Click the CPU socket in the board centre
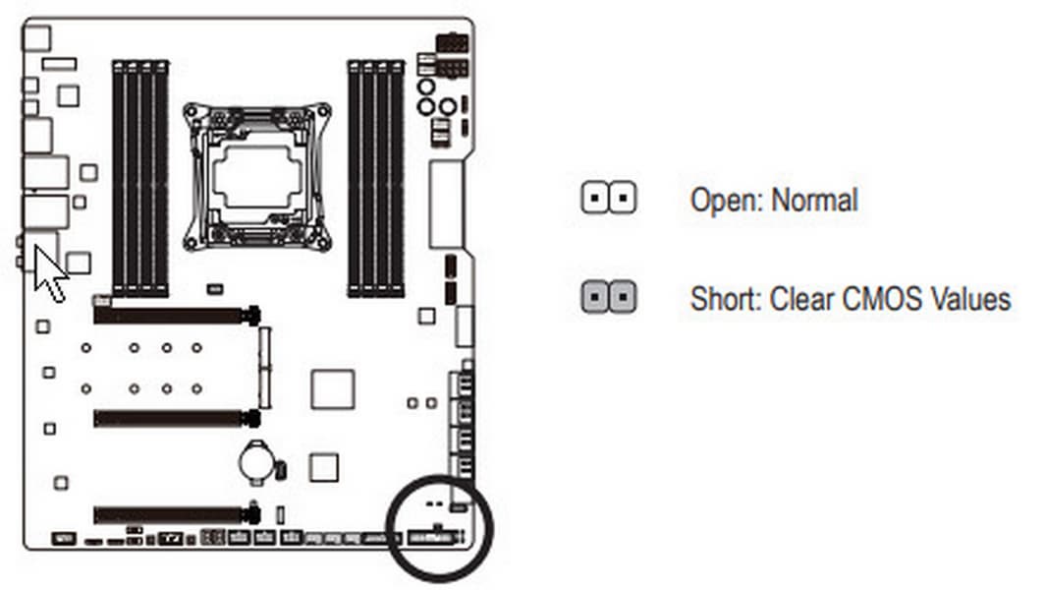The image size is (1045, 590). (257, 177)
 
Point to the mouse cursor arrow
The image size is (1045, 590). (50, 273)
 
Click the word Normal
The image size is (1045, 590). (814, 201)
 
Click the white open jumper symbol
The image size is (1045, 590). (609, 198)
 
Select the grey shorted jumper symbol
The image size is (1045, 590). (609, 296)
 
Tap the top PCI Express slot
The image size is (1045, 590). (177, 315)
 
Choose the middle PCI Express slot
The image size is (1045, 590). (177, 419)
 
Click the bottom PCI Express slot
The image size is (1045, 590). (177, 514)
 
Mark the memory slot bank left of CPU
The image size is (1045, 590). (140, 178)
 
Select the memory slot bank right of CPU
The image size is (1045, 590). (376, 178)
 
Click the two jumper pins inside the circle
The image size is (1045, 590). (434, 503)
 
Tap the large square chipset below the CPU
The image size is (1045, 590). (333, 389)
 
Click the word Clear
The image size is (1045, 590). (802, 299)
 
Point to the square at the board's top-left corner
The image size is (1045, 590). (36, 38)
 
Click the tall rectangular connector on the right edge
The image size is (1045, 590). (446, 205)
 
